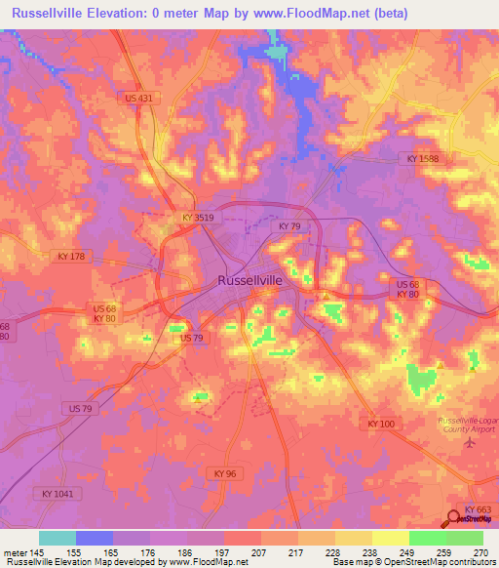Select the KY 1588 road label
[420, 157]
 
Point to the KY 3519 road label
[197, 219]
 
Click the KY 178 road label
[72, 256]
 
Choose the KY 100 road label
[382, 424]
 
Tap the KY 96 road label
[222, 472]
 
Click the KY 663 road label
[477, 510]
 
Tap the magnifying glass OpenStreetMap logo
[455, 520]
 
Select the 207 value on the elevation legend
[259, 552]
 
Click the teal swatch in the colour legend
[58, 538]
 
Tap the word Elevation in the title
[126, 14]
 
